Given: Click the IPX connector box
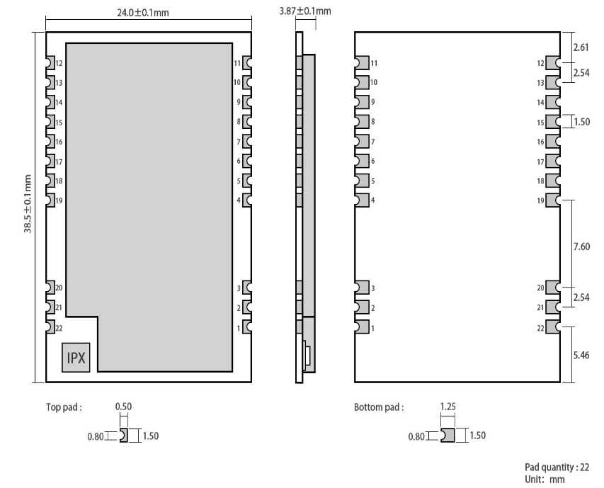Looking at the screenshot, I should point(76,358).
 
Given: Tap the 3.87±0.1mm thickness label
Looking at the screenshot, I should point(305,11).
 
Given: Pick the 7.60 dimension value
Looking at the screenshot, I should point(581,246).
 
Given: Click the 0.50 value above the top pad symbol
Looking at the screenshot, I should point(123,407).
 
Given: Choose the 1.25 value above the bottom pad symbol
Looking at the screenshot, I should point(448,407).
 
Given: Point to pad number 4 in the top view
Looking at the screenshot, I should point(239,201).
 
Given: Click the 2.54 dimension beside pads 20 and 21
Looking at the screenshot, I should point(581,297).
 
